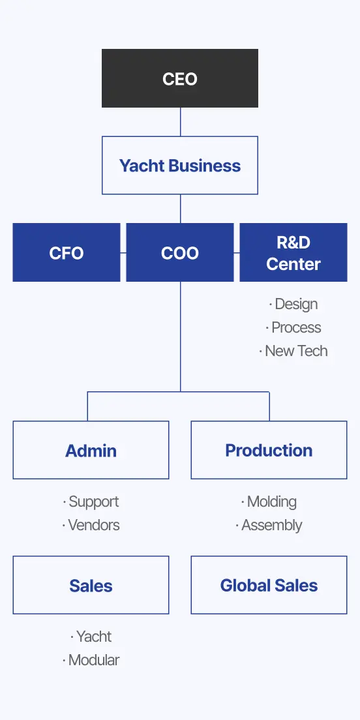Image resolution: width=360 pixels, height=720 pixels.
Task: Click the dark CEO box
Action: point(180,78)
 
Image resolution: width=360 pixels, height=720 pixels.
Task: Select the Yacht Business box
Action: point(180,165)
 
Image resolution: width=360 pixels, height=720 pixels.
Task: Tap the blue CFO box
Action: point(67,252)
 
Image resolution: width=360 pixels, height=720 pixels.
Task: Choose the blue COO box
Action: point(180,252)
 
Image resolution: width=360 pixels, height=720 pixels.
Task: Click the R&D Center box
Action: point(293,252)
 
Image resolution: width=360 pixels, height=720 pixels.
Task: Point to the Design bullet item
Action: point(293,304)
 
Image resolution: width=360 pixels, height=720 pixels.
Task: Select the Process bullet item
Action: point(293,327)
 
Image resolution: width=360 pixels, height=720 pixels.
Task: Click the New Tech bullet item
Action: point(293,351)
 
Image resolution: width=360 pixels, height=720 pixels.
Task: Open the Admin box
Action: point(91,450)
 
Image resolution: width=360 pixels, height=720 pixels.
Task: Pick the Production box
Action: point(269,450)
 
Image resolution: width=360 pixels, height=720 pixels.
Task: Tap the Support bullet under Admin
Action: point(91,502)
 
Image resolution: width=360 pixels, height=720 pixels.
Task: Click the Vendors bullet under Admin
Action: point(91,525)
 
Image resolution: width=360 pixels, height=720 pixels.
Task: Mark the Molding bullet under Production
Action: point(269,502)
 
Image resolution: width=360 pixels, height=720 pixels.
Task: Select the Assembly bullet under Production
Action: point(269,525)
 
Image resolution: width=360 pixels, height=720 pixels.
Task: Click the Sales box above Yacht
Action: point(91,585)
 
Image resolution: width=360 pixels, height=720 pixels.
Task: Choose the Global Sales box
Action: point(269,585)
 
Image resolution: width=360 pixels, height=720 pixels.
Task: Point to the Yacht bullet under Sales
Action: point(91,637)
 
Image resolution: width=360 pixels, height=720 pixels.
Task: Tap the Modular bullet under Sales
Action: point(91,660)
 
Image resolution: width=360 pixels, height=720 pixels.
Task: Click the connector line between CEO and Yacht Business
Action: point(181,122)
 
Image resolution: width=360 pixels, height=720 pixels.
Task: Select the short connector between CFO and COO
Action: point(123,252)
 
